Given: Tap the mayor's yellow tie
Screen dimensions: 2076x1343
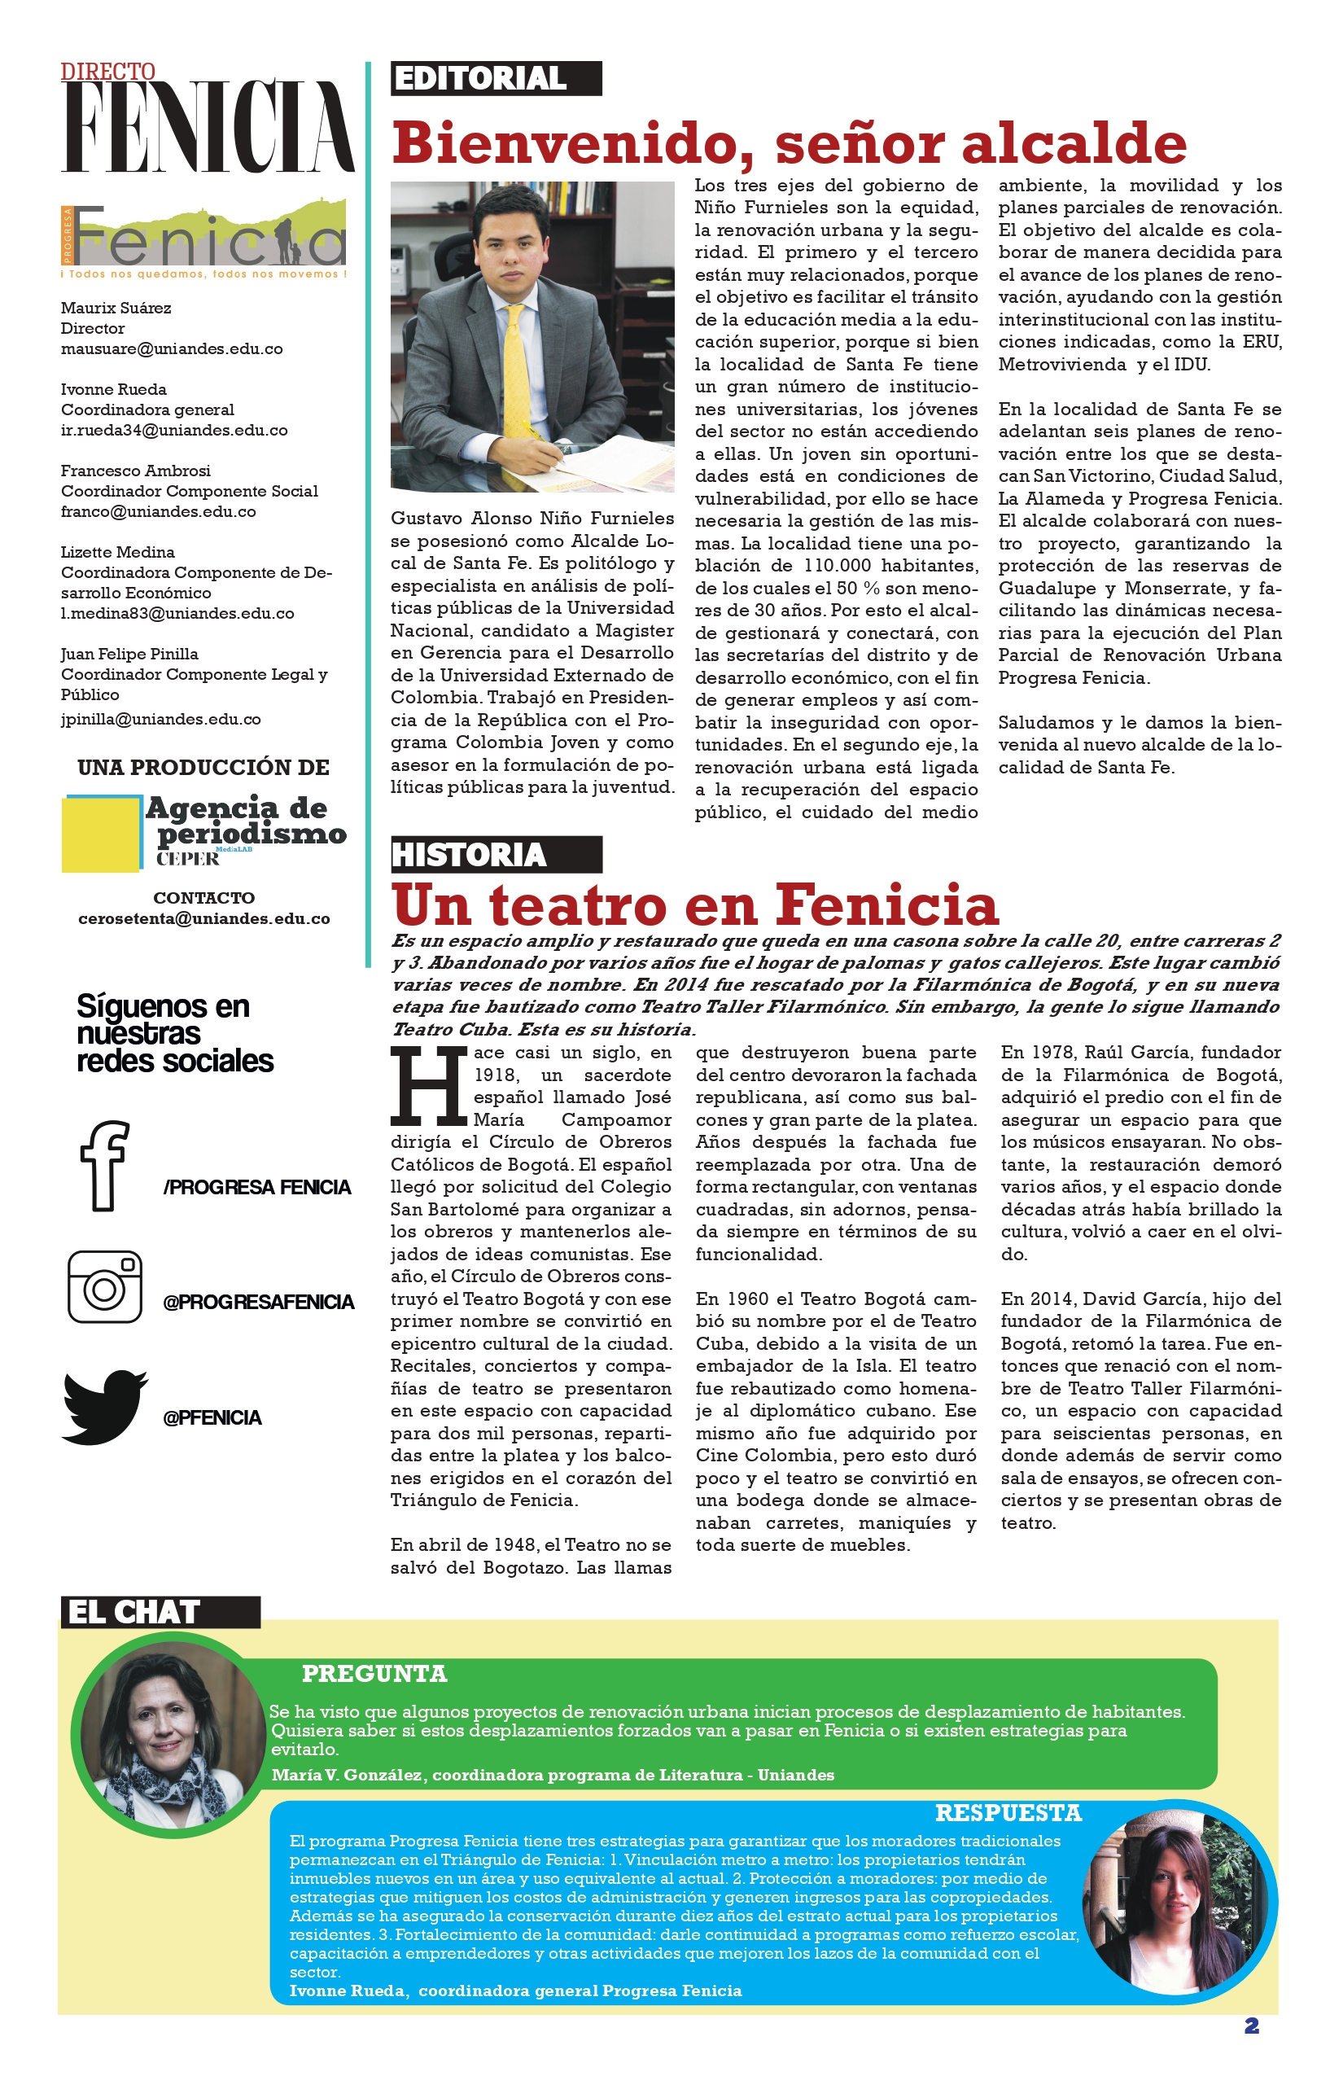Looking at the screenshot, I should [517, 366].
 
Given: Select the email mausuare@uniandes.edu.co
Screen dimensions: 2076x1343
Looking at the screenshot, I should [172, 349].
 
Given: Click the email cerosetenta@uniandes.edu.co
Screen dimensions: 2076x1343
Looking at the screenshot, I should [204, 918].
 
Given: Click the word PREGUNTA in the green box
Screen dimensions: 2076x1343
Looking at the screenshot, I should [374, 1674].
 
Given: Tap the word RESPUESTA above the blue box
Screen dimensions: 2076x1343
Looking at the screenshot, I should [1008, 1814].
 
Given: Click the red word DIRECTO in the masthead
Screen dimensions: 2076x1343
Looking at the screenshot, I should [108, 72].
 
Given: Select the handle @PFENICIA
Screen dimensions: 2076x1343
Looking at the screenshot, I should [212, 1417].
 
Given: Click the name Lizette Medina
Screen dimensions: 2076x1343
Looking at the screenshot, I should [118, 552].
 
